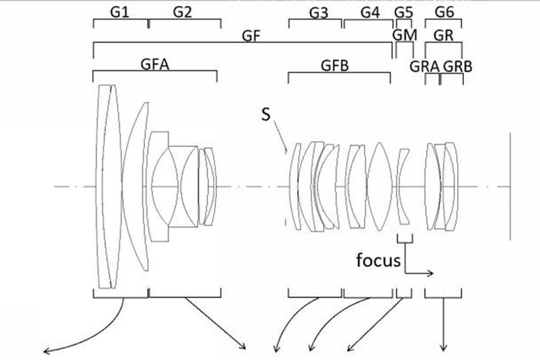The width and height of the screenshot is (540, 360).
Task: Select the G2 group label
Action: (x=183, y=11)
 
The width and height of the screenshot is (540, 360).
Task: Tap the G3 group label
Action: (x=319, y=13)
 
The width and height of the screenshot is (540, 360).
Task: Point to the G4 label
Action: (x=370, y=13)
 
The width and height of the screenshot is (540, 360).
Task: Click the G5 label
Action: (x=403, y=13)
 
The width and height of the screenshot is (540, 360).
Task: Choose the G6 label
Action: (x=444, y=13)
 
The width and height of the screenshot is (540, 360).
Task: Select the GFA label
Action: (x=155, y=64)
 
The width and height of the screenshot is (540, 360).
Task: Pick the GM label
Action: (x=404, y=35)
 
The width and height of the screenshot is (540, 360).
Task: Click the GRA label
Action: (x=425, y=65)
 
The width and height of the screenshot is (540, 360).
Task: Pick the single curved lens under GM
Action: (x=404, y=186)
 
